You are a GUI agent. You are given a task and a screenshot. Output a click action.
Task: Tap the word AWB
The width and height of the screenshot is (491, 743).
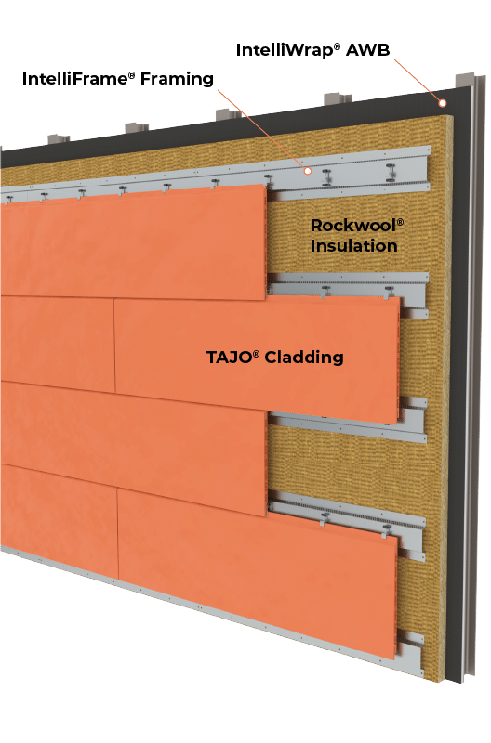click(x=367, y=50)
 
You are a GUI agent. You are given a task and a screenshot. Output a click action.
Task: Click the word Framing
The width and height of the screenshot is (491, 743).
click(x=177, y=79)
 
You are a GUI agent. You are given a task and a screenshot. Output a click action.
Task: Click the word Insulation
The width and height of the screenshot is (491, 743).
click(x=354, y=246)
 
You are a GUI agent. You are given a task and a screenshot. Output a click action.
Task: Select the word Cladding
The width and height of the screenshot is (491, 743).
click(x=304, y=358)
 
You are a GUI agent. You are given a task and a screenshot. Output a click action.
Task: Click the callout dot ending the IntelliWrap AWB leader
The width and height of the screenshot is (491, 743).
click(x=442, y=103)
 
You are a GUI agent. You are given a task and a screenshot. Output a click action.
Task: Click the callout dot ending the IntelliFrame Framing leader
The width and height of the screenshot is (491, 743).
click(x=308, y=171)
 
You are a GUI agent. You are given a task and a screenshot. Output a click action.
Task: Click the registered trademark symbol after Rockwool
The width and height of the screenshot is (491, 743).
click(x=400, y=222)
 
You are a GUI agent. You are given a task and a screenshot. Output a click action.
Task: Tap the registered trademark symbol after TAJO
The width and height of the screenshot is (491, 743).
click(x=256, y=354)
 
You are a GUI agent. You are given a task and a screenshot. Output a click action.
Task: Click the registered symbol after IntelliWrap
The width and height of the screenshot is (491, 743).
click(x=337, y=46)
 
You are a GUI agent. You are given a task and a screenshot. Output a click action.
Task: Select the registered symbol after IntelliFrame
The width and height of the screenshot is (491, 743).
click(x=132, y=75)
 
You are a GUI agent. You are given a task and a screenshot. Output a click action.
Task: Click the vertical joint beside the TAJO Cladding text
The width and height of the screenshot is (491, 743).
click(x=114, y=345)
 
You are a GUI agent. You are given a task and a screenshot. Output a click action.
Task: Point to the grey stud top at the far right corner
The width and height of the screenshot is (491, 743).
click(x=465, y=80)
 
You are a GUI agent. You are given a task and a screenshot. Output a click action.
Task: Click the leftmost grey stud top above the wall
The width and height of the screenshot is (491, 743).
click(x=59, y=139)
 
